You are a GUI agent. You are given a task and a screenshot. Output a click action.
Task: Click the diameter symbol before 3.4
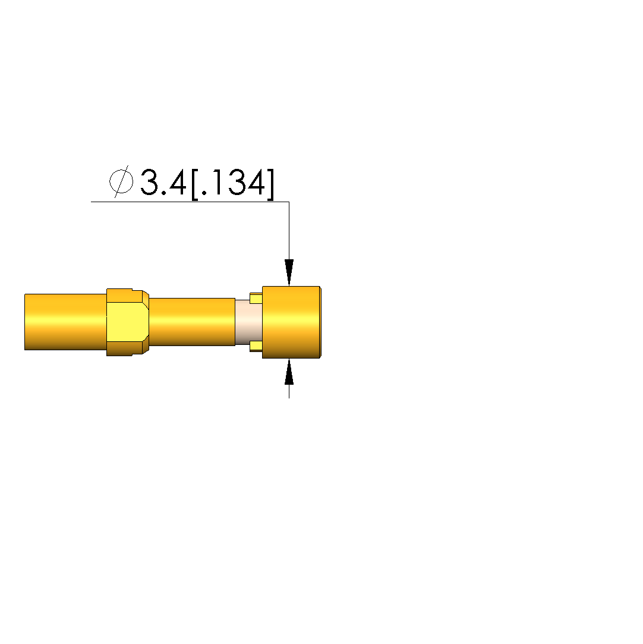[121, 181]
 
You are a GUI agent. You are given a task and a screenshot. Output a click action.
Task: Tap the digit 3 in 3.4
[149, 181]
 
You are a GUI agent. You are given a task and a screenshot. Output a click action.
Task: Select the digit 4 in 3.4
[178, 182]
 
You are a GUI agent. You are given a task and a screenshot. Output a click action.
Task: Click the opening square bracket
[195, 184]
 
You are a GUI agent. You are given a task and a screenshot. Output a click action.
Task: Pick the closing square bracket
[270, 184]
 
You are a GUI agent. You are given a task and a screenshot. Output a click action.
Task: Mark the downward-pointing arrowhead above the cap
[289, 272]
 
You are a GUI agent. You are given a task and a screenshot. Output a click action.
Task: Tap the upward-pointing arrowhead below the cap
[289, 372]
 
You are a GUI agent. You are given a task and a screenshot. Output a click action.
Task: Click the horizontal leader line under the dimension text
[190, 202]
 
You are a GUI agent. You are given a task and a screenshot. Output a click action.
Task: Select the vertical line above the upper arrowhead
[289, 230]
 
